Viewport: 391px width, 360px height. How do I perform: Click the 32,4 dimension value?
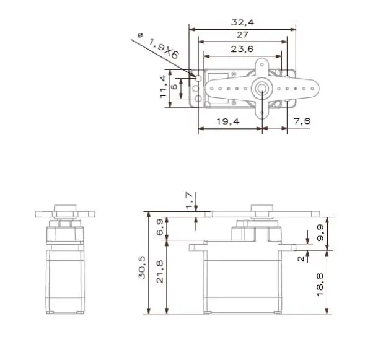pos(242,22)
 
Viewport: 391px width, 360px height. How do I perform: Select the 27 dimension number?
pos(242,35)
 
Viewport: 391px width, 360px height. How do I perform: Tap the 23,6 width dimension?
pos(242,49)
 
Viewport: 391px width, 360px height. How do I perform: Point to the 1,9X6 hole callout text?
pos(164,48)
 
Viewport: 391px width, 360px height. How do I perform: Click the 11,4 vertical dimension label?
pos(163,86)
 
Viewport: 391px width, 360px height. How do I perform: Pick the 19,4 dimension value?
pos(228,121)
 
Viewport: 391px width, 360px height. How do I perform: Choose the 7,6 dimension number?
pos(302,121)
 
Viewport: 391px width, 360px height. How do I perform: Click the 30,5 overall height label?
pos(142,268)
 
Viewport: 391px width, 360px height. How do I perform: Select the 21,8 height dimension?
pos(160,272)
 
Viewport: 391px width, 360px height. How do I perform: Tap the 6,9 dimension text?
pos(160,227)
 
